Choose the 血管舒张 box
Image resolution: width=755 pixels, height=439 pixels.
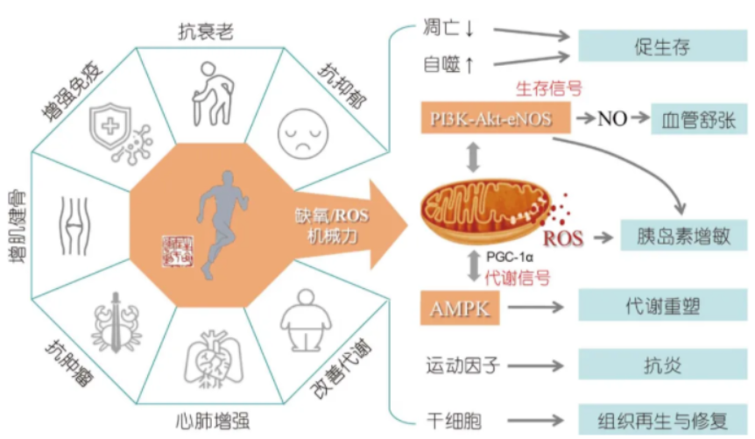click(699, 118)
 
